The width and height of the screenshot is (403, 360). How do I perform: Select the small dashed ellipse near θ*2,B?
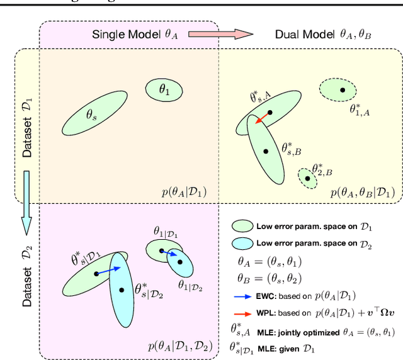307,178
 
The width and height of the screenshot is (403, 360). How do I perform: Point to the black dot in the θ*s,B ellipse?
266,151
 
